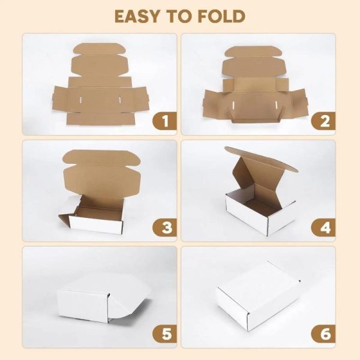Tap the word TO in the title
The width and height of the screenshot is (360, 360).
click(180, 16)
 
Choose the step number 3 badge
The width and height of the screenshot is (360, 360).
click(164, 227)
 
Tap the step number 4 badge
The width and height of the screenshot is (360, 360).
click(325, 227)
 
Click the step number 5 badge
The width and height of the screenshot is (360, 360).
click(164, 333)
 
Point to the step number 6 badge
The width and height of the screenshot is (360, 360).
click(325, 333)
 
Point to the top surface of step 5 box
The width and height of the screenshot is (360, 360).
click(102, 285)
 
